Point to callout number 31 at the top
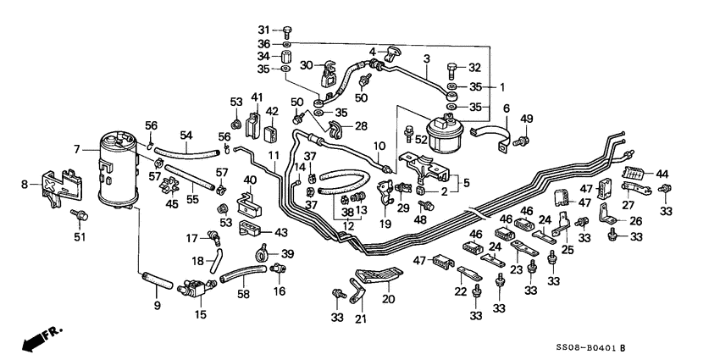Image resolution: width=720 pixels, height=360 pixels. [x=263, y=30]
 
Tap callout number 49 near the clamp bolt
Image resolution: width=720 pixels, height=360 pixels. [x=526, y=118]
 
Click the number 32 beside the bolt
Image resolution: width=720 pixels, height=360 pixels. [x=474, y=67]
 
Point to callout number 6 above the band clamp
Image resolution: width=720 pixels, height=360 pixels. [x=507, y=108]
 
